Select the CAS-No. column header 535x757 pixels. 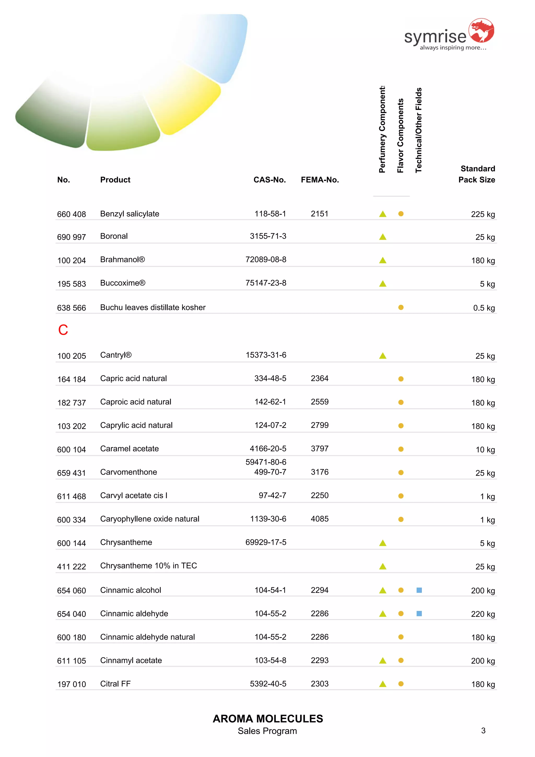(269, 180)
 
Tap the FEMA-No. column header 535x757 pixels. (319, 180)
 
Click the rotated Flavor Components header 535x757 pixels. (400, 136)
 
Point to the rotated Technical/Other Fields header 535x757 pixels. (418, 130)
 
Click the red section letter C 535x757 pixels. (63, 330)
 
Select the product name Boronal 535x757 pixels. (114, 236)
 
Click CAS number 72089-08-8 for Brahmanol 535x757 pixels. (266, 259)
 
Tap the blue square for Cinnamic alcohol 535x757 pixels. (419, 590)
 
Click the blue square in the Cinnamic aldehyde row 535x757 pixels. (419, 614)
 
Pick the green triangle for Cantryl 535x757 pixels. (382, 356)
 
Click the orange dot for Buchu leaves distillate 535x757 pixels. (401, 307)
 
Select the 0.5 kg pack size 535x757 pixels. (484, 308)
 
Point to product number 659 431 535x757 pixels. (71, 473)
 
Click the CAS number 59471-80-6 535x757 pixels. (266, 462)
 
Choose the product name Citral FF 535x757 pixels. (115, 684)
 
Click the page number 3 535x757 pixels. (483, 731)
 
